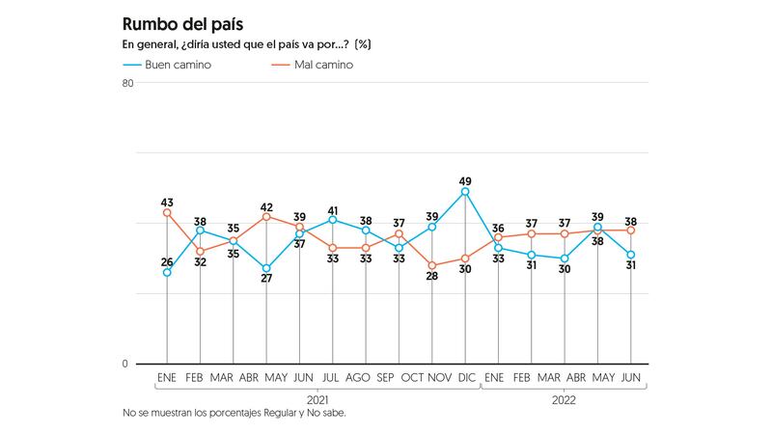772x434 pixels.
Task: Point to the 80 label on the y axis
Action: coord(127,83)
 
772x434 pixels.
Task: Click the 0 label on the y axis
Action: coord(124,364)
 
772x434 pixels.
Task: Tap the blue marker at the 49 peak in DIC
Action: coord(465,192)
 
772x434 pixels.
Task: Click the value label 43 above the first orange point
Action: coord(167,200)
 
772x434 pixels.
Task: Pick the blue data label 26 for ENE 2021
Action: coord(167,262)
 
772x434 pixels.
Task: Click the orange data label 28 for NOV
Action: coord(432,277)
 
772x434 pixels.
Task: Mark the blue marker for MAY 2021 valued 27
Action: coord(266,268)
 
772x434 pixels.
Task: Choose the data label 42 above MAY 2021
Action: coord(266,206)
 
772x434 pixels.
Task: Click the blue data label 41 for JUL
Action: coord(333,211)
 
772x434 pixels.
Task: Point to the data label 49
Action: coord(465,181)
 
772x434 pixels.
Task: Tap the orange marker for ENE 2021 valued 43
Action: coord(167,212)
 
